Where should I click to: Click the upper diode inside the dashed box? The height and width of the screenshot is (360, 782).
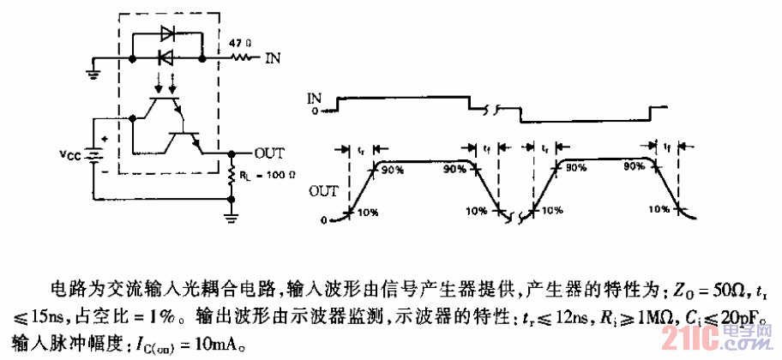pos(168,36)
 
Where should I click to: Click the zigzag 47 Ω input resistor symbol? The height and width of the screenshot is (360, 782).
pos(244,58)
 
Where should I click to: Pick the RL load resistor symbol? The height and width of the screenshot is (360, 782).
pos(232,177)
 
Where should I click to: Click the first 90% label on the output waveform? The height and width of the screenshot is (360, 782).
pos(392,170)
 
